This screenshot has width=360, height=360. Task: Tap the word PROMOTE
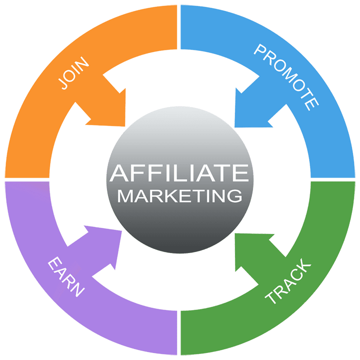click(x=286, y=76)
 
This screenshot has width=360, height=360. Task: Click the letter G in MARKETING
click(x=234, y=195)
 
